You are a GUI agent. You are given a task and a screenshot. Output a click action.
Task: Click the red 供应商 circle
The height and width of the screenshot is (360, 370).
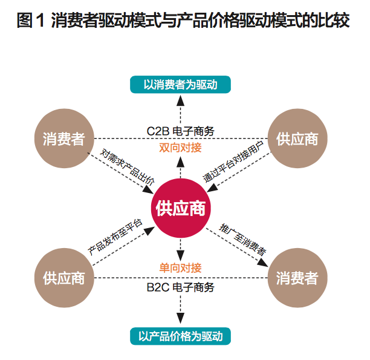[181, 209]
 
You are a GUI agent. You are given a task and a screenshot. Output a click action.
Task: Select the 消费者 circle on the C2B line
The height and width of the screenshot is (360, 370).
[63, 139]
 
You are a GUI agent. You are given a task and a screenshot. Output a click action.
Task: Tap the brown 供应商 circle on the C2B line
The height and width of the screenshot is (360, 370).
[297, 139]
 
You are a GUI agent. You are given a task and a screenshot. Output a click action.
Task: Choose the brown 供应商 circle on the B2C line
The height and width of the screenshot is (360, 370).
[63, 278]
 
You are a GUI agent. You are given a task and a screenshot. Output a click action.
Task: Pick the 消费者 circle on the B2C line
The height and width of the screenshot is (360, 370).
[297, 278]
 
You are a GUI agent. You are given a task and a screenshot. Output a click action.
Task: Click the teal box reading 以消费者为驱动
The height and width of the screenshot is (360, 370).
[180, 85]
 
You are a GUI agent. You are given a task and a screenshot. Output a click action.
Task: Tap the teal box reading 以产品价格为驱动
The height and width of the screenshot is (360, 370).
[180, 335]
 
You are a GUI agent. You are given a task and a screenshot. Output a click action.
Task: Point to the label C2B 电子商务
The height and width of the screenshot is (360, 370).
[180, 131]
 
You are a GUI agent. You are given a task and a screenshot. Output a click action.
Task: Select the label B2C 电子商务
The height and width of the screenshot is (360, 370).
[180, 287]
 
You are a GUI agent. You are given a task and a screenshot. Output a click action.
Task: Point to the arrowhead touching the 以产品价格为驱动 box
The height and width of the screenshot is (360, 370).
[180, 321]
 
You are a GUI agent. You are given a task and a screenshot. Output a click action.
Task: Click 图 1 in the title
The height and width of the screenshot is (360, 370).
[32, 22]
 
